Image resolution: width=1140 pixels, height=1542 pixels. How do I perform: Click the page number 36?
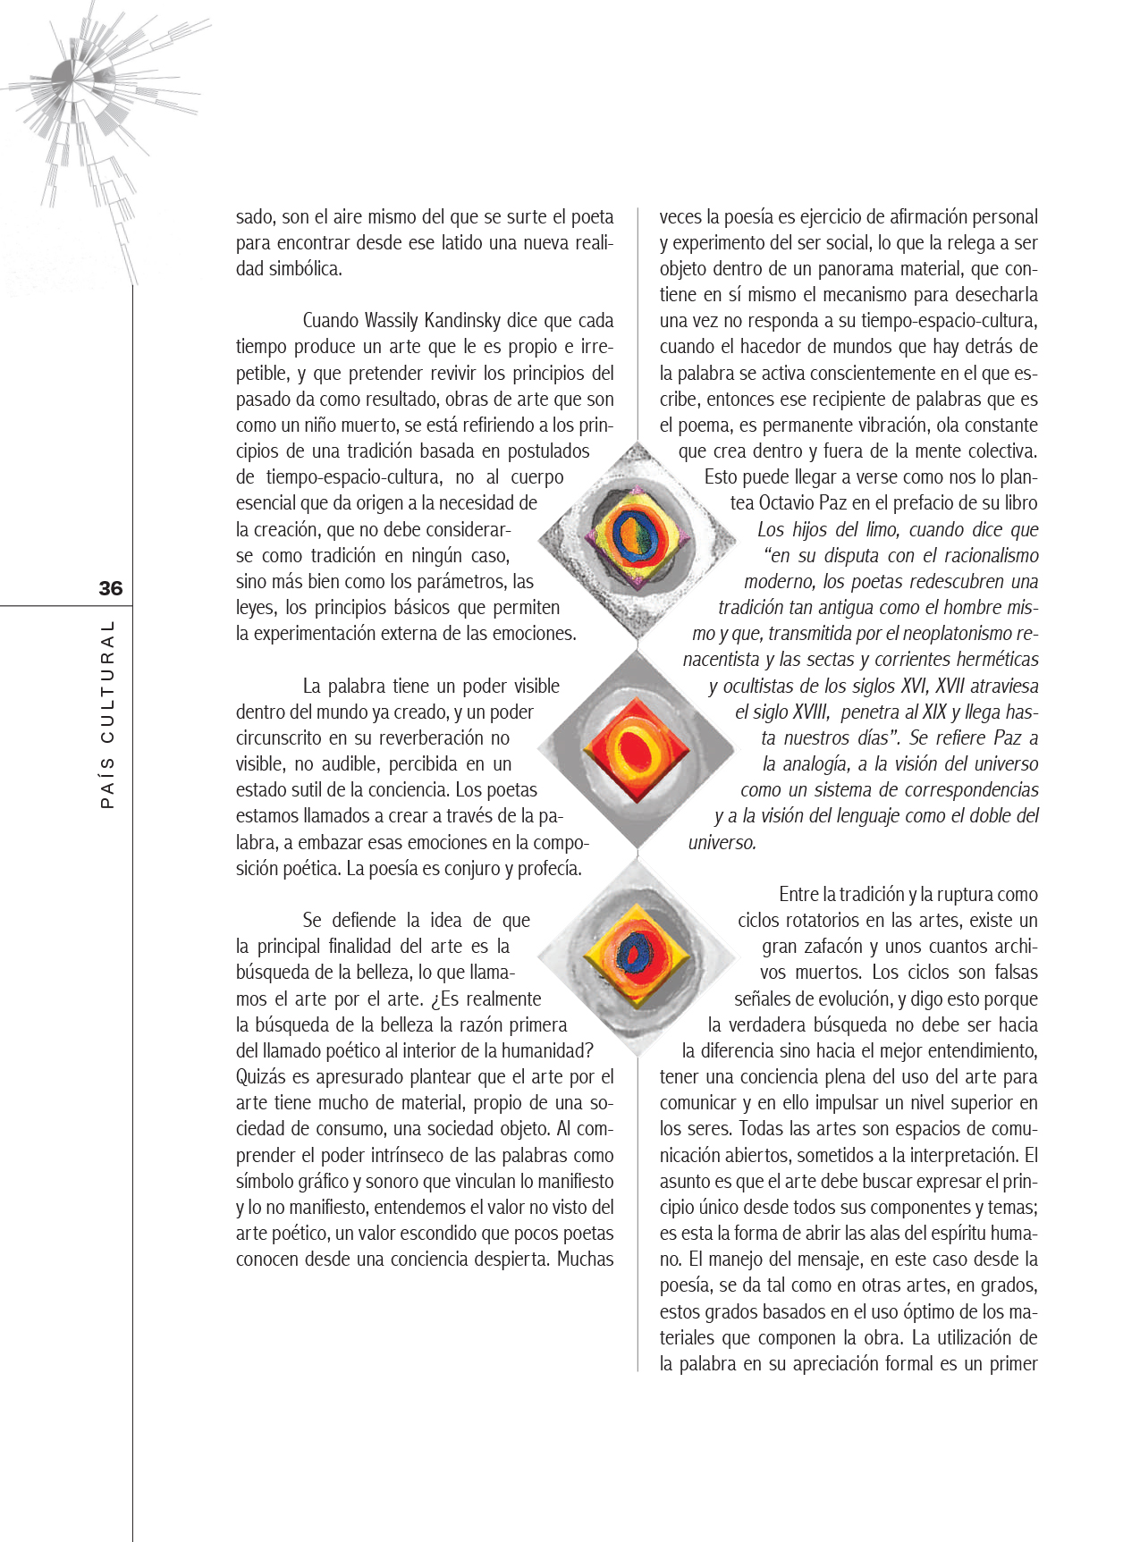click(110, 588)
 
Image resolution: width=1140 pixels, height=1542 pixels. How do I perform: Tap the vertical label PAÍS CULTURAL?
click(107, 715)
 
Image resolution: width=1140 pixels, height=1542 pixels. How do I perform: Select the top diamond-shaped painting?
click(637, 538)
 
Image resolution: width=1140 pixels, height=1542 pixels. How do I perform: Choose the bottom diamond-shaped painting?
click(637, 955)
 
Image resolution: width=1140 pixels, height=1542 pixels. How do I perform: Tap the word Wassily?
click(392, 321)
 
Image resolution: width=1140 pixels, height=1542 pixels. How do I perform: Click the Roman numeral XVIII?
click(812, 712)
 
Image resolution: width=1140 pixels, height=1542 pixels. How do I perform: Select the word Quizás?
click(262, 1077)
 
